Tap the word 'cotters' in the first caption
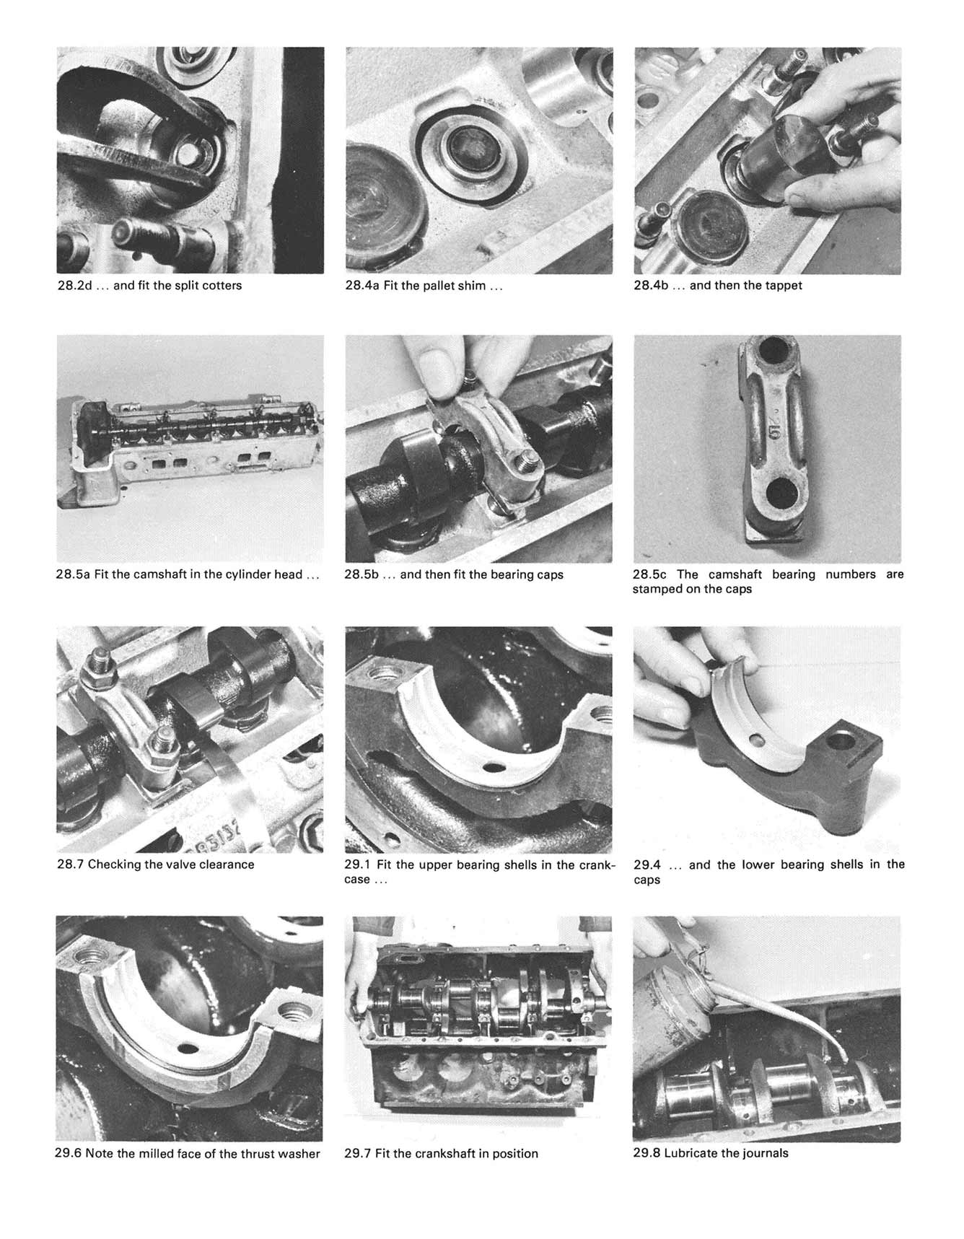coord(222,286)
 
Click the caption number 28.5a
coord(72,575)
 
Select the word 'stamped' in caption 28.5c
coord(657,590)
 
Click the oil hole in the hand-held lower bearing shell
coord(757,739)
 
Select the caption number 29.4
coord(647,864)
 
